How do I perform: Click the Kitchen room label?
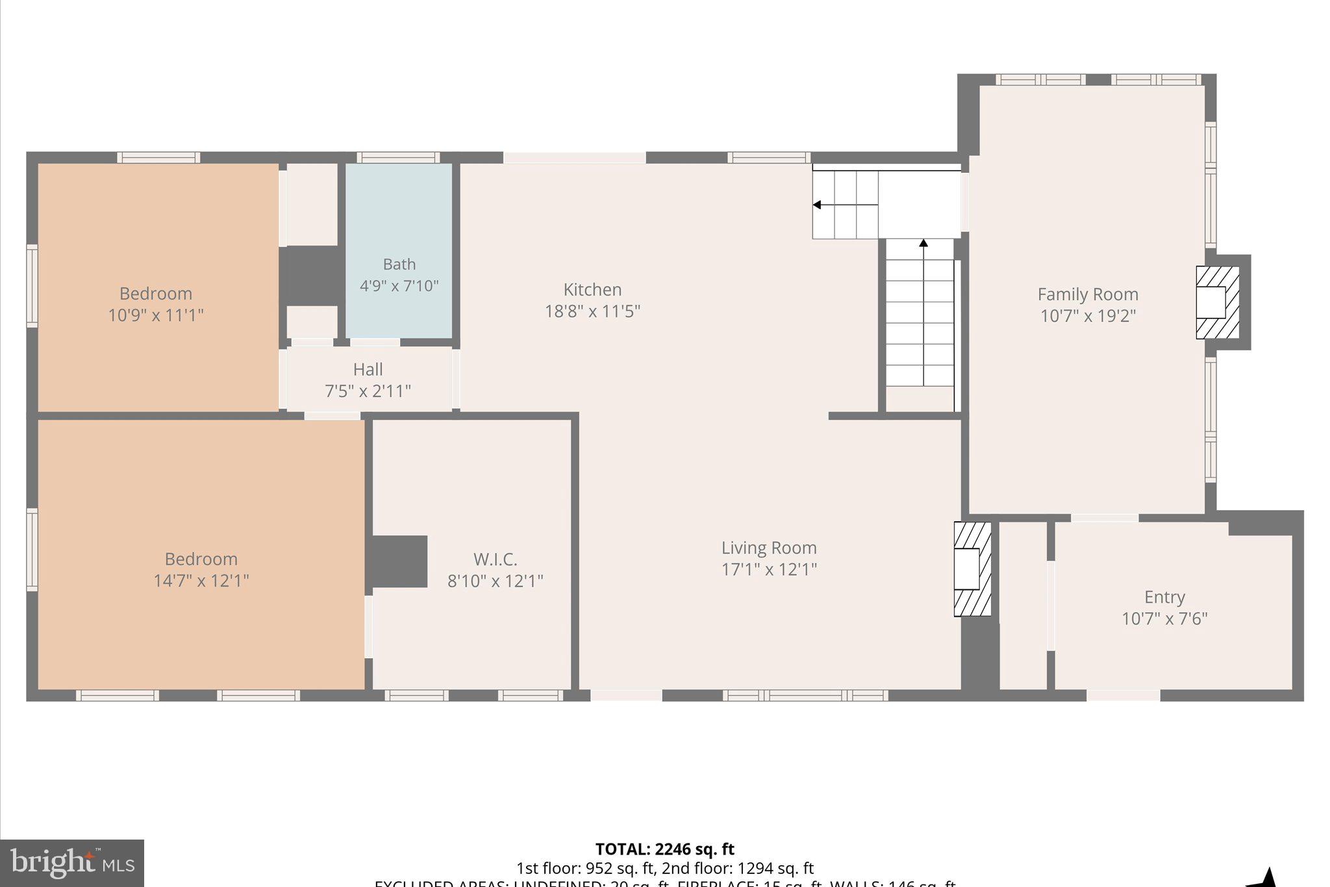592,289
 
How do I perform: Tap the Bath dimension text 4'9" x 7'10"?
399,286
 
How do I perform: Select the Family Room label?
1088,294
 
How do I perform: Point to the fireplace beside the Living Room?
972,569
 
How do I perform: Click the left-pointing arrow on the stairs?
817,205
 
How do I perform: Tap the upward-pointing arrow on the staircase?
923,244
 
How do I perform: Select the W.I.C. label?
495,559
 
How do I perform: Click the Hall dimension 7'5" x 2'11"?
368,391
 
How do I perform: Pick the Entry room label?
1164,597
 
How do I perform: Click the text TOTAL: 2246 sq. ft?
664,849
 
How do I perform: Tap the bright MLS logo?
72,863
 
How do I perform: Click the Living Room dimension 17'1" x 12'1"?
769,569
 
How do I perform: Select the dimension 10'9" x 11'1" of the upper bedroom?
156,315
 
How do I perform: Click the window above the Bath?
398,157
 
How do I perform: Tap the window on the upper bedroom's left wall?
32,286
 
